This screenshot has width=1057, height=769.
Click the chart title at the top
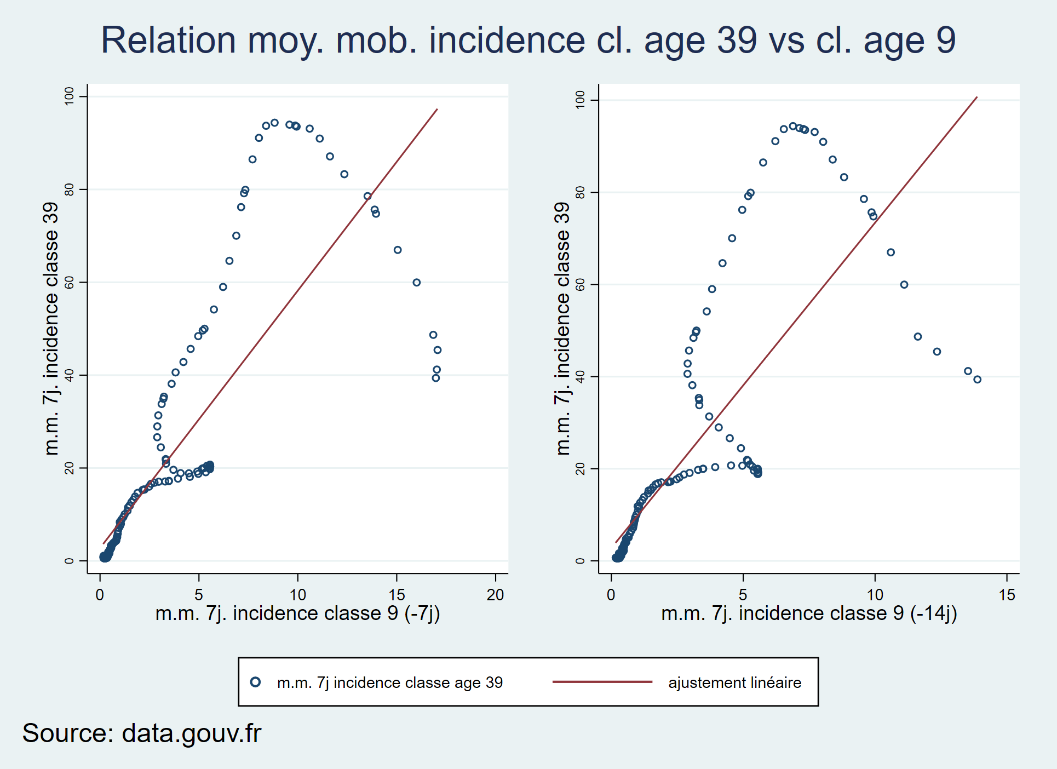pyautogui.click(x=528, y=41)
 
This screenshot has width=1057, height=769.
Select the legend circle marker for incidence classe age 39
pyautogui.click(x=255, y=682)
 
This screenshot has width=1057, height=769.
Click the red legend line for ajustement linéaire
pyautogui.click(x=602, y=682)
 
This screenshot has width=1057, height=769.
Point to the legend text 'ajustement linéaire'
pyautogui.click(x=735, y=682)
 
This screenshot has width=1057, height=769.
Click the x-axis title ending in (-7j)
pyautogui.click(x=298, y=613)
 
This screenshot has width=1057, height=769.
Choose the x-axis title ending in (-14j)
pyautogui.click(x=809, y=613)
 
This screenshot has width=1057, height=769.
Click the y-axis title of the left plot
pyautogui.click(x=50, y=329)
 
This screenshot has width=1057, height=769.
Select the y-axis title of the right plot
pyautogui.click(x=562, y=329)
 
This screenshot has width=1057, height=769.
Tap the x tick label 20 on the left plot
pyautogui.click(x=495, y=595)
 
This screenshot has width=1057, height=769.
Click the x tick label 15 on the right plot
pyautogui.click(x=1007, y=595)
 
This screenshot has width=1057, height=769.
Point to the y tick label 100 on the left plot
pyautogui.click(x=69, y=96)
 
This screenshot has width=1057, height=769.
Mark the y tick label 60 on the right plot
pyautogui.click(x=581, y=284)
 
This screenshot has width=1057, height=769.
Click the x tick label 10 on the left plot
pyautogui.click(x=298, y=595)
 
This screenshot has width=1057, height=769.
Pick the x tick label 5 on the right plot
pyautogui.click(x=743, y=595)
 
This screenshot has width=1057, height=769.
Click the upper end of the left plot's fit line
pyautogui.click(x=437, y=109)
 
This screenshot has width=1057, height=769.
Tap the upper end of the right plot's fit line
pyautogui.click(x=977, y=97)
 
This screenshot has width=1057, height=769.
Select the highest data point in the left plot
pyautogui.click(x=275, y=123)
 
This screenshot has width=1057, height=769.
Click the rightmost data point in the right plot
pyautogui.click(x=978, y=380)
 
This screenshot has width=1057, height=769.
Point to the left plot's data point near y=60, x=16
pyautogui.click(x=417, y=283)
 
